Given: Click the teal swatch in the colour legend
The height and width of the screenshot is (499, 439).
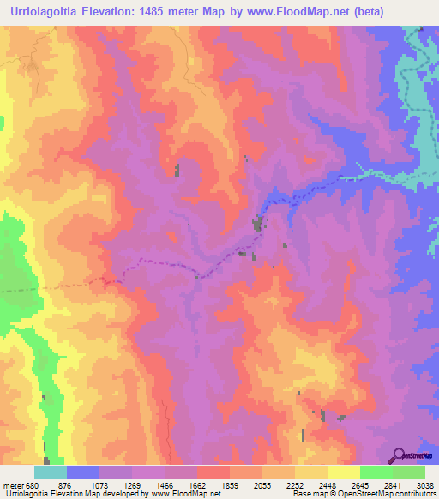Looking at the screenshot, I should tap(50, 472).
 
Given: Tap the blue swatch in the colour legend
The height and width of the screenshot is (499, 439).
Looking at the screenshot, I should tap(83, 472).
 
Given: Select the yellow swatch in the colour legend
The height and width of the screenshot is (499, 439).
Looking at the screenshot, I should tap(343, 472).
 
